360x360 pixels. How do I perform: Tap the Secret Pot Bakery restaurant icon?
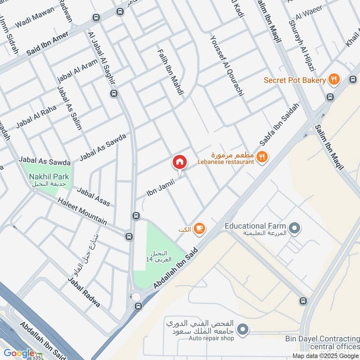(333, 80)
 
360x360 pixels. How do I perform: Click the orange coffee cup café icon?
(199, 229)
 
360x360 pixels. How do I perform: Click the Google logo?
(19, 353)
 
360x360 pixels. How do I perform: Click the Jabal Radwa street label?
(84, 292)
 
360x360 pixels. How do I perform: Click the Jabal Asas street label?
(94, 197)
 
